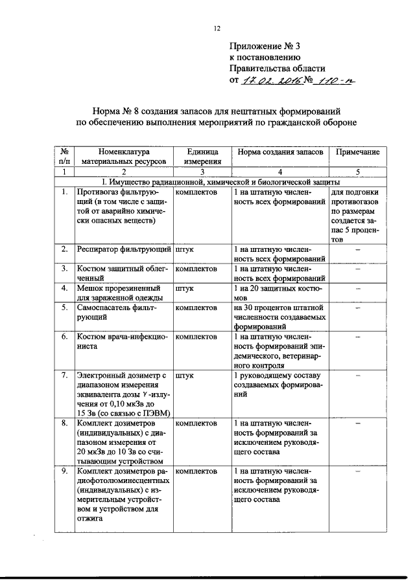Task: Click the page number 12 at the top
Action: [217, 28]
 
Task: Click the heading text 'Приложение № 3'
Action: [265, 47]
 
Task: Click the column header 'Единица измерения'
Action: [202, 155]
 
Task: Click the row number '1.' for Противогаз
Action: [64, 192]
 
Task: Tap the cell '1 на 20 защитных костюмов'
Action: [279, 292]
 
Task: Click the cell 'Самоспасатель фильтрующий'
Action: [110, 312]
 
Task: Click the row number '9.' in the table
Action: [64, 471]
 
